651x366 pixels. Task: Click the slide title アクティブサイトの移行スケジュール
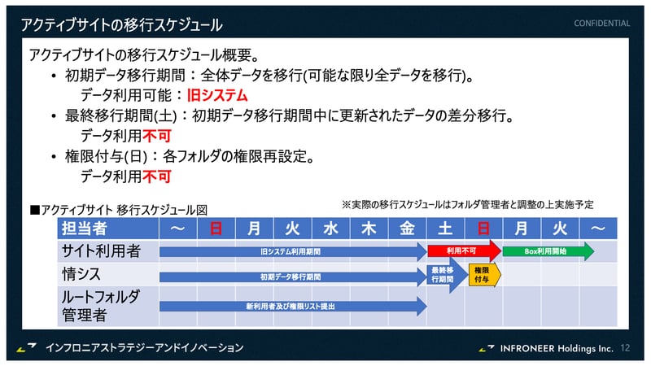122,25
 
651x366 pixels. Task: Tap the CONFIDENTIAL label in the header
601,24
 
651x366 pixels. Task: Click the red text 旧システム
217,95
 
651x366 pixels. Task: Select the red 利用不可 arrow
462,251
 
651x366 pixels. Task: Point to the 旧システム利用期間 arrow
291,251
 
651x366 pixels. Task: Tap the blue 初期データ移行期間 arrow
291,277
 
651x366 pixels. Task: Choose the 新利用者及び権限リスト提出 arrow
291,306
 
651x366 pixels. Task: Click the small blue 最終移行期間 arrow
443,275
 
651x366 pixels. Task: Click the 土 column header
445,229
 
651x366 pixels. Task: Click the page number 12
625,347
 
